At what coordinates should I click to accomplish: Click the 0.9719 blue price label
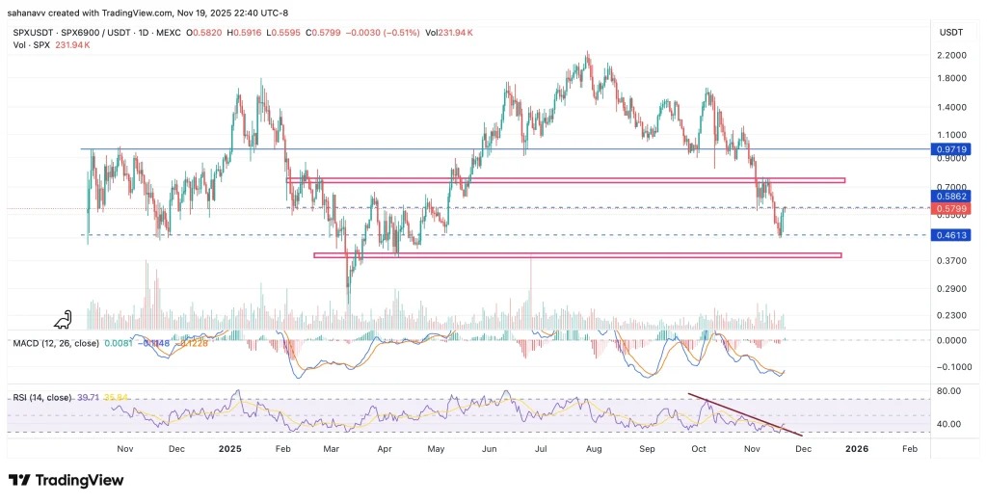click(x=950, y=150)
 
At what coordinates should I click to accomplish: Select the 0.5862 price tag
click(x=950, y=196)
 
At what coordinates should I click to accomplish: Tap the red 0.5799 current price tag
click(x=950, y=208)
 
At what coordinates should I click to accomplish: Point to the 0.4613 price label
click(x=950, y=235)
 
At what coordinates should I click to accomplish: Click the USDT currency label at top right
click(x=950, y=32)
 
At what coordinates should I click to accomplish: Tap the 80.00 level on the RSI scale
click(x=950, y=391)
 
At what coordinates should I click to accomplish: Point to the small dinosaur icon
click(x=66, y=319)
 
